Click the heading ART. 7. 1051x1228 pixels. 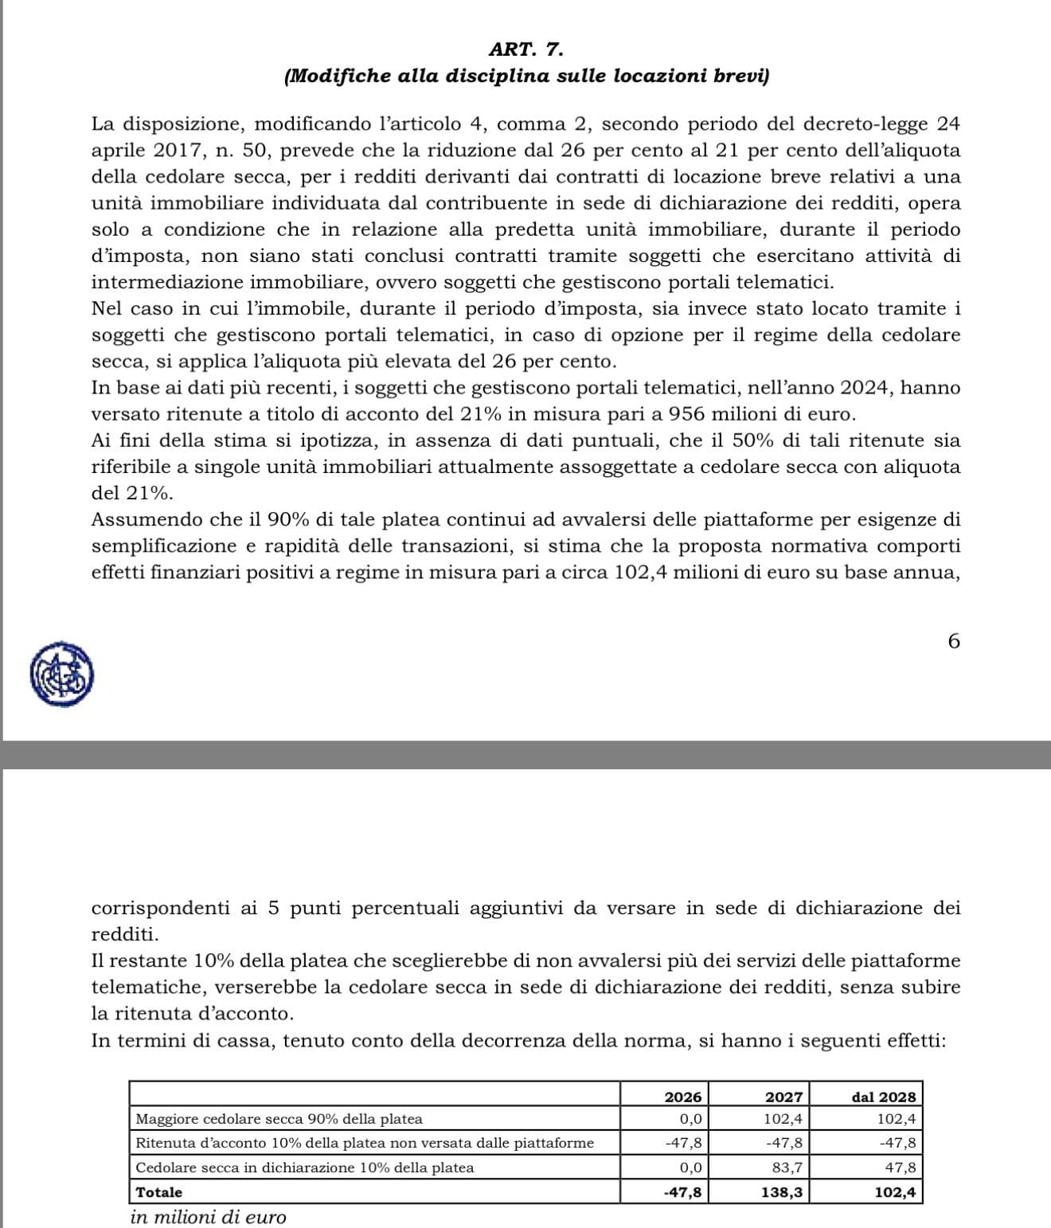point(526,49)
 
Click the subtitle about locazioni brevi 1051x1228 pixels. point(526,76)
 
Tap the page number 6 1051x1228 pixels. point(954,641)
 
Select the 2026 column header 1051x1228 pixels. point(683,1097)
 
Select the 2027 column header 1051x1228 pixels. point(783,1097)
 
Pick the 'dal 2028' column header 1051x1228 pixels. point(883,1097)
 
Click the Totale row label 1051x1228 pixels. point(159,1192)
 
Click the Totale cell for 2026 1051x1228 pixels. point(683,1192)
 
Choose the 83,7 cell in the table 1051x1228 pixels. point(787,1167)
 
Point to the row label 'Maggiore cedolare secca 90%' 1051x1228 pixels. point(279,1119)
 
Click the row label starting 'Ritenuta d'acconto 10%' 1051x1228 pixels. point(365,1143)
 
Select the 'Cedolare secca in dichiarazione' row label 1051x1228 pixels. point(305,1167)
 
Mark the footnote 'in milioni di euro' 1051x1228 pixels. point(208,1217)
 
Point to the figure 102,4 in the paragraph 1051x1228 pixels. point(642,573)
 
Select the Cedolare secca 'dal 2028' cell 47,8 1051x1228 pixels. point(900,1167)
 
